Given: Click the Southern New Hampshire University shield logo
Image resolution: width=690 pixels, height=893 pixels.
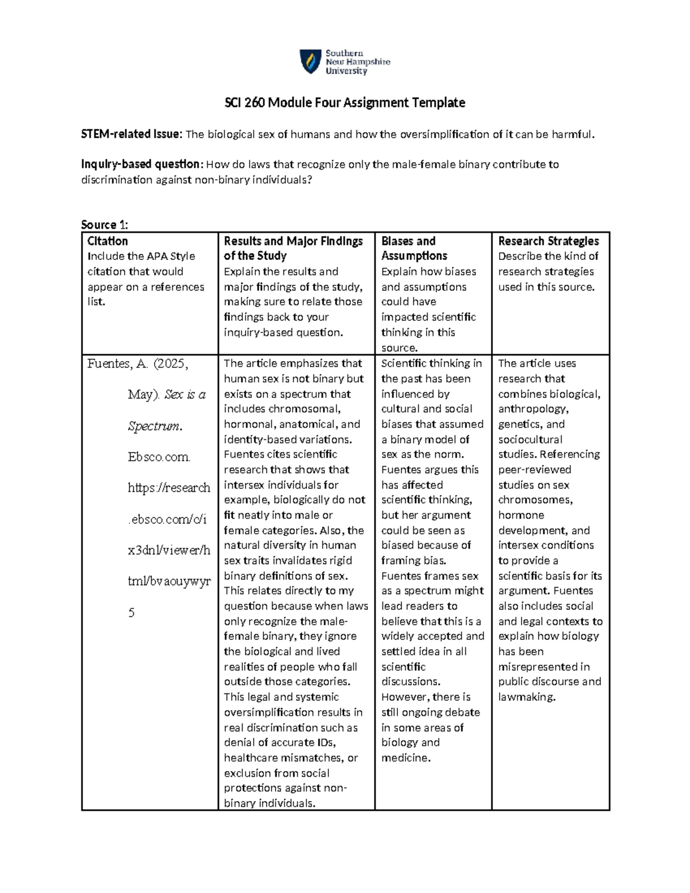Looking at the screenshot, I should click(310, 61).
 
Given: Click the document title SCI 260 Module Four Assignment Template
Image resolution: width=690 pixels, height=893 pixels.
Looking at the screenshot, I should click(344, 103).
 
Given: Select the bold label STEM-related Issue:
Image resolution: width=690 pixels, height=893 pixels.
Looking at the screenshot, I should click(132, 135).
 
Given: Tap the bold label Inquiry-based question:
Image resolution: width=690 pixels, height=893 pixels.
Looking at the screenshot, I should click(141, 164).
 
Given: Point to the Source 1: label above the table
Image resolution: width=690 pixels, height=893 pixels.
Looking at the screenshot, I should click(105, 225).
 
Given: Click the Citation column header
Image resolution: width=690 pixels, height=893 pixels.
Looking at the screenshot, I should click(108, 241).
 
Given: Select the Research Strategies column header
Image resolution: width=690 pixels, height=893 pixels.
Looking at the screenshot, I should click(548, 241).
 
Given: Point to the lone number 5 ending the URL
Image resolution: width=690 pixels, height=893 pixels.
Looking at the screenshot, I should click(131, 613).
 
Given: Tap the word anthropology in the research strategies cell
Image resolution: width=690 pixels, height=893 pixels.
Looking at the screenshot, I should click(532, 409).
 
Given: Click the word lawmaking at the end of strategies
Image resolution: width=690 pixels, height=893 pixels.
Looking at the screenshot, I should click(527, 697).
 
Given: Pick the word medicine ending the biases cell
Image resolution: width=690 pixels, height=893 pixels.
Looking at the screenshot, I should click(405, 758).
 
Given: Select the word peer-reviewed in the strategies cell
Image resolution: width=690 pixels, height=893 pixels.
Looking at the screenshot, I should click(534, 470).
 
